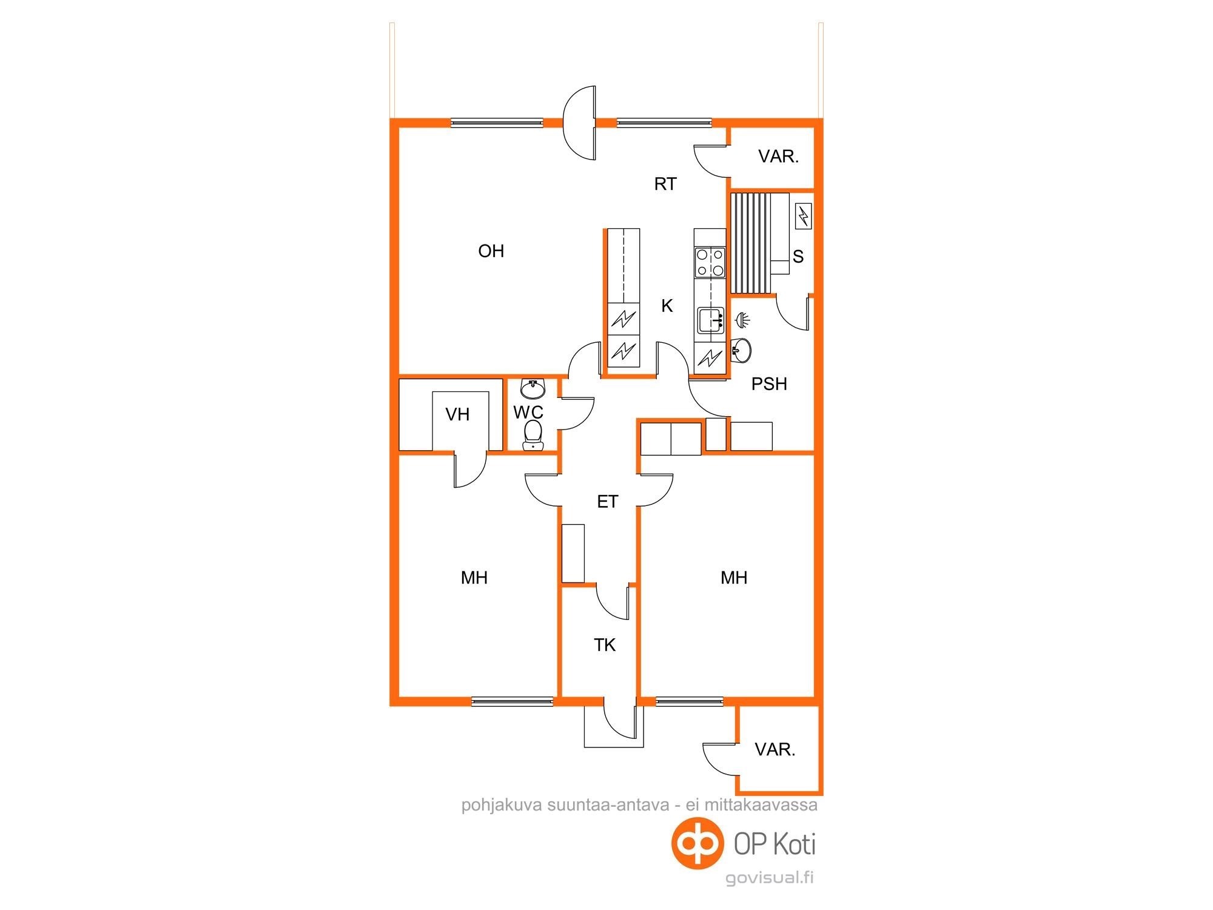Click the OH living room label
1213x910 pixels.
tap(491, 251)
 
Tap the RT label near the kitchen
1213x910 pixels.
tap(665, 184)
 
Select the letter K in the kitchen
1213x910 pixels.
tap(667, 306)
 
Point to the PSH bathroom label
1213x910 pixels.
tap(769, 384)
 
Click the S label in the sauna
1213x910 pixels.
tap(798, 257)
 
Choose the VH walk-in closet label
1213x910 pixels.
tap(457, 415)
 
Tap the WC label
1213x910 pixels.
tap(528, 413)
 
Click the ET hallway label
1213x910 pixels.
tap(608, 502)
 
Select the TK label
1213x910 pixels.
tap(605, 645)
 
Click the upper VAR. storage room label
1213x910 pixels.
tap(779, 157)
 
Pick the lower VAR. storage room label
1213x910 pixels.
tap(775, 750)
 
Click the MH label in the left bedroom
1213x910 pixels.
tap(474, 578)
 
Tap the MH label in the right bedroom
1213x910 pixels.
tap(734, 578)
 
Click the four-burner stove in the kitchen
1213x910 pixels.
tap(710, 262)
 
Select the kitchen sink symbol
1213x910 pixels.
tap(711, 320)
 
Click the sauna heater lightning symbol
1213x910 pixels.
tap(803, 215)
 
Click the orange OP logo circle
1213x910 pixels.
tap(698, 844)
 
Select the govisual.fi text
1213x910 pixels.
tap(770, 878)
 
